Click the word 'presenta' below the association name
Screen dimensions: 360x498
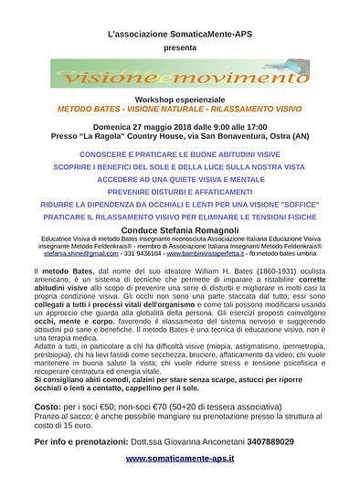180,45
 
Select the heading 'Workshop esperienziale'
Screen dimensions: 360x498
180,98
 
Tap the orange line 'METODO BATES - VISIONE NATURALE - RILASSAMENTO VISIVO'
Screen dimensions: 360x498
180,108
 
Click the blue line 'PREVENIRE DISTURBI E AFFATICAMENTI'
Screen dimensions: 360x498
180,193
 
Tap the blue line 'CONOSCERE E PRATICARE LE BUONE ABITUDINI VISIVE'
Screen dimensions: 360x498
180,154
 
